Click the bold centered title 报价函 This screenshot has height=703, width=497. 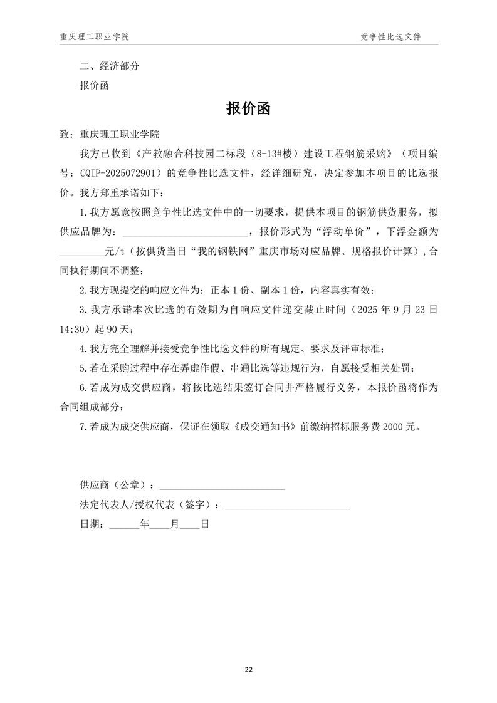248,109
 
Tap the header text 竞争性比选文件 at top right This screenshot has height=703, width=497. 390,37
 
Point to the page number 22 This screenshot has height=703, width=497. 248,670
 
